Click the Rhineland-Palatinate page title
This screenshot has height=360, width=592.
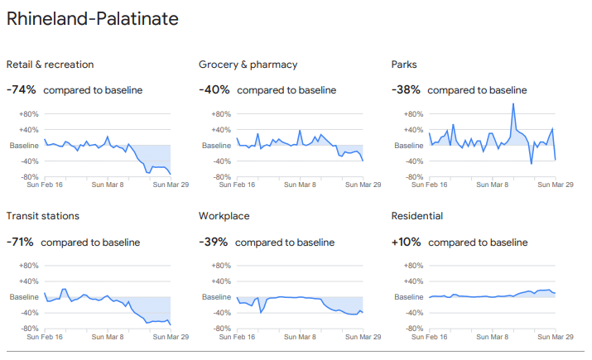point(92,18)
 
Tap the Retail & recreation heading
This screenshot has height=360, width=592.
point(50,65)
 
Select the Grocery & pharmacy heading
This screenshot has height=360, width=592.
point(248,65)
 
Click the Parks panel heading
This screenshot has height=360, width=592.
point(405,65)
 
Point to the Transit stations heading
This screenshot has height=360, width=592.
point(42,216)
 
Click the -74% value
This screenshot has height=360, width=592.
point(21,89)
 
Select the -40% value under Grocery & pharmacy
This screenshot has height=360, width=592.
point(214,89)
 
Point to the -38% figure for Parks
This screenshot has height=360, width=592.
point(406,89)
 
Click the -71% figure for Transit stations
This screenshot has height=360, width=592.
point(20,242)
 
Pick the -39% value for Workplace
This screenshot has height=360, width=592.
point(213,242)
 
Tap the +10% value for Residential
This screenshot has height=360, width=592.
point(406,242)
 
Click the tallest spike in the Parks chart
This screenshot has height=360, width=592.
point(513,104)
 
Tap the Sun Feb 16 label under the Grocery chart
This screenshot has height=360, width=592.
point(236,185)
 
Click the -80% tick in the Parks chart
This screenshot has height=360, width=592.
point(412,176)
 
